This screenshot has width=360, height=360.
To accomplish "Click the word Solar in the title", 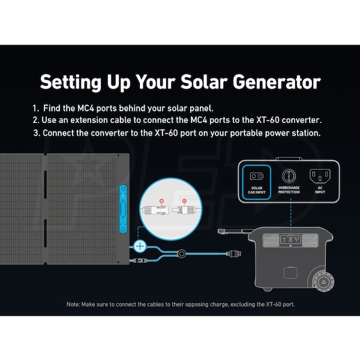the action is (203, 82).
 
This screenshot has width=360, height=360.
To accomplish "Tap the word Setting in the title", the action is (70, 83).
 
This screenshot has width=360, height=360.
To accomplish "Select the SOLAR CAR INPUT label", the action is (257, 190).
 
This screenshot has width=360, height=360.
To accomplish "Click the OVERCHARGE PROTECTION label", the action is (289, 190).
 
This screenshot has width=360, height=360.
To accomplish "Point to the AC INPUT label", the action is (320, 190).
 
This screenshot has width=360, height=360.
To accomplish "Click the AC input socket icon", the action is (320, 176).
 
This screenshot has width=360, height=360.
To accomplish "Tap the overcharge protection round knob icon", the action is (289, 176).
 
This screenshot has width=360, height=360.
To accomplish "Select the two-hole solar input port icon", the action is (257, 176).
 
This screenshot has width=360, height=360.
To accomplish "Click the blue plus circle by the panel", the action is (140, 247).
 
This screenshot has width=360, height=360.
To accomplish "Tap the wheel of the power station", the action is (323, 282).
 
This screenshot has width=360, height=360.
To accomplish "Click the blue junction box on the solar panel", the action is (123, 209).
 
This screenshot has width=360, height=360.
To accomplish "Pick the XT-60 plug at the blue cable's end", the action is (234, 254).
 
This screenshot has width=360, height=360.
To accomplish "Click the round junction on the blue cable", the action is (181, 254).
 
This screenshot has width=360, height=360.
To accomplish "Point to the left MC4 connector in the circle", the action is (155, 210).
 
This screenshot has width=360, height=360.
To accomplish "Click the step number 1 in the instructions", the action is (35, 108).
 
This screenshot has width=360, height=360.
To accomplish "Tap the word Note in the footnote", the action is (73, 304).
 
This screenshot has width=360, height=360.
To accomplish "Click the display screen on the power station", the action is (290, 239).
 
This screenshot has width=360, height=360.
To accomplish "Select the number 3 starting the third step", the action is (36, 133).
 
